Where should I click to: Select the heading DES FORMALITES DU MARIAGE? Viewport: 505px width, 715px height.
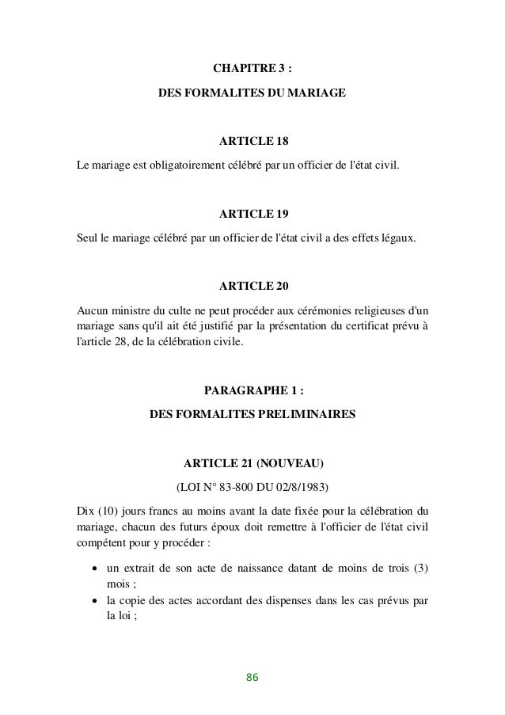pos(252,93)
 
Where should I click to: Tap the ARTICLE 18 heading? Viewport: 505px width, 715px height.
pos(253,143)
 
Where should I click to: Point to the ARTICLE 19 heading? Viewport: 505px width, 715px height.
pos(253,214)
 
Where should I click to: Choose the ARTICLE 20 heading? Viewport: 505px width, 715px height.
pos(253,285)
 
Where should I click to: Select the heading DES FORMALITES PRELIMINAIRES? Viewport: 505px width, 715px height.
pos(252,414)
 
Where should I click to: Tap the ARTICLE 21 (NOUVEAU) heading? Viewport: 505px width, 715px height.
pos(253,462)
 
